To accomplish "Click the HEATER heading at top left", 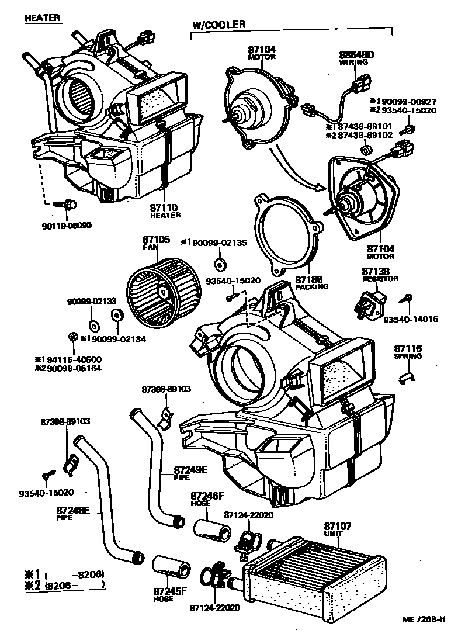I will pyautogui.click(x=42, y=18).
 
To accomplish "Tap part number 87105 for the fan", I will pyautogui.click(x=157, y=240).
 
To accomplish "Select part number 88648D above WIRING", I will pyautogui.click(x=356, y=56).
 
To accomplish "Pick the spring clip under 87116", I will pyautogui.click(x=404, y=378).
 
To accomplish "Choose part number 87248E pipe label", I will pyautogui.click(x=72, y=510).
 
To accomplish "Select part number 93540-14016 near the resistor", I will pyautogui.click(x=411, y=318).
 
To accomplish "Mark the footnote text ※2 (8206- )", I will pyautogui.click(x=63, y=584).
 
